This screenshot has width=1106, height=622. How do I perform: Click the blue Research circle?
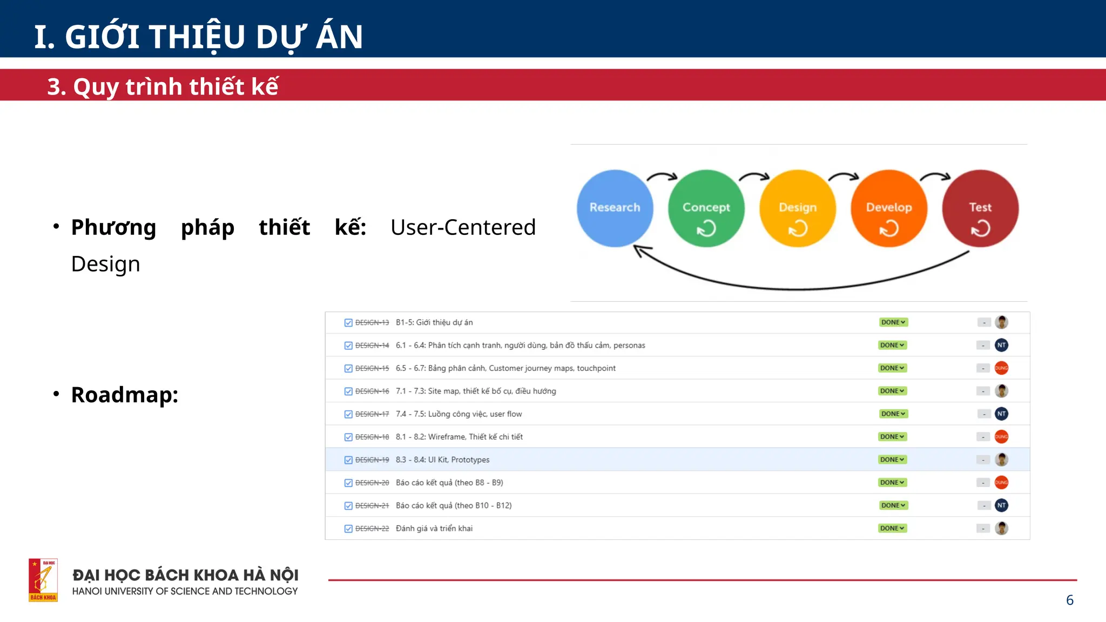[615, 208]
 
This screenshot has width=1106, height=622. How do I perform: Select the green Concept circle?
[706, 208]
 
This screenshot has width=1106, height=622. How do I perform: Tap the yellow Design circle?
[798, 208]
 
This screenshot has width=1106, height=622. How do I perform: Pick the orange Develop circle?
[889, 208]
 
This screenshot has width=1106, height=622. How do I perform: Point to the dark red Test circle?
[980, 208]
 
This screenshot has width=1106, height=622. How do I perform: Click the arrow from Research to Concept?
[662, 176]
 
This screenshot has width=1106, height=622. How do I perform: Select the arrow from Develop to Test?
[935, 176]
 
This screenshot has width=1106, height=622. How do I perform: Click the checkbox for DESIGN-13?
[348, 323]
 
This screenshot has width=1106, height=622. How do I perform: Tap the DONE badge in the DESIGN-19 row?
[892, 459]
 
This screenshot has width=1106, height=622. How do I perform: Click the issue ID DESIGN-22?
[372, 529]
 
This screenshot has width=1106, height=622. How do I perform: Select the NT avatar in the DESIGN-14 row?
[1001, 345]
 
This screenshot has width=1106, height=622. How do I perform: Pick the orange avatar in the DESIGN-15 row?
[1001, 368]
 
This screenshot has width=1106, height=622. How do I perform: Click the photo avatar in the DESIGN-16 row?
[1001, 391]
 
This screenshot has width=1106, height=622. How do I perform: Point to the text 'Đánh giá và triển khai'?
[434, 529]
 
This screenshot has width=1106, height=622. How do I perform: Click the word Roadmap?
[124, 395]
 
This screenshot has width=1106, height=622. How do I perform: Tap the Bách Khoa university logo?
[43, 580]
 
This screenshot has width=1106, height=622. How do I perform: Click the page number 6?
[1069, 600]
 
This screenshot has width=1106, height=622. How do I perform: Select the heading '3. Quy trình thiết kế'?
[163, 86]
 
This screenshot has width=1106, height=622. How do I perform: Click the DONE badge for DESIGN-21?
[893, 505]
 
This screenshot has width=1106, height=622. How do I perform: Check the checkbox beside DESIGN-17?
[348, 414]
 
